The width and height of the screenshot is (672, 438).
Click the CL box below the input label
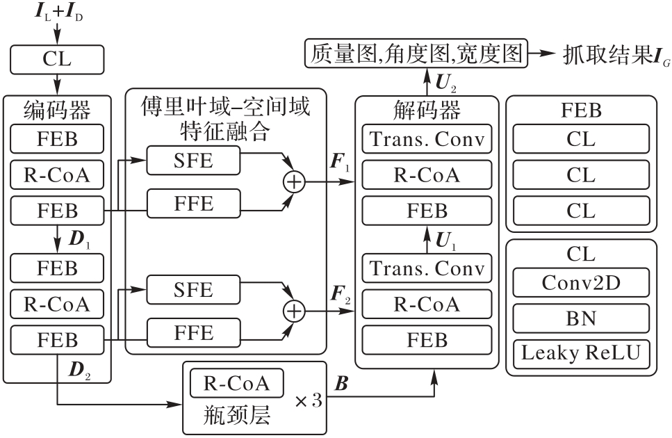click(56, 60)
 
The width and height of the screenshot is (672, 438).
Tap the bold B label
click(341, 384)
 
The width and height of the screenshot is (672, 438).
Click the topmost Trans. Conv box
click(427, 139)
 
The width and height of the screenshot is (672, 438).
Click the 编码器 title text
click(56, 110)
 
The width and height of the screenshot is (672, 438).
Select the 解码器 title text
click(427, 110)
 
